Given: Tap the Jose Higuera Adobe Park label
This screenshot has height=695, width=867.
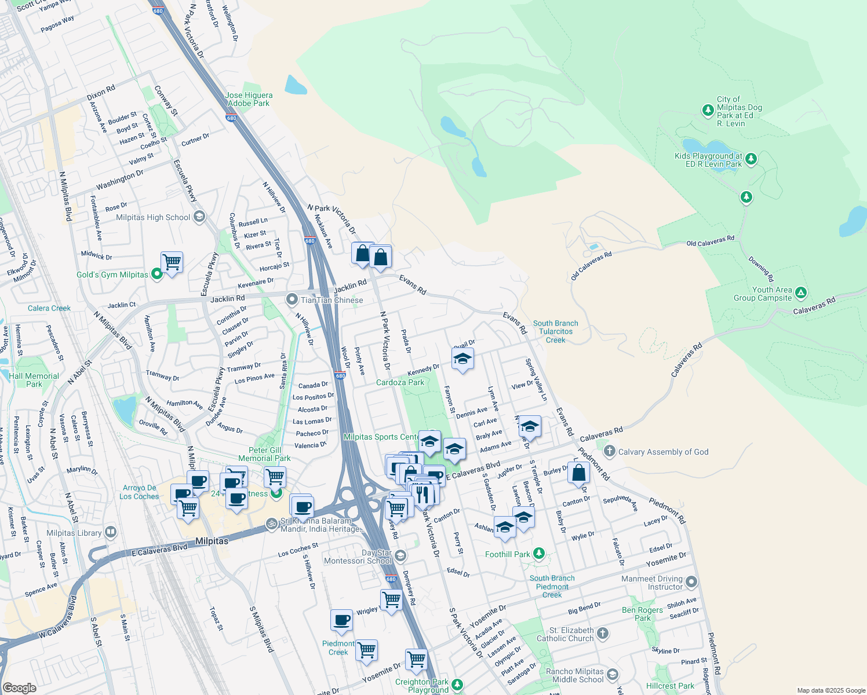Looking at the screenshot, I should [x=249, y=99].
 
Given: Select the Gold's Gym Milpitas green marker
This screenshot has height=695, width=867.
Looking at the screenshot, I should [x=157, y=275].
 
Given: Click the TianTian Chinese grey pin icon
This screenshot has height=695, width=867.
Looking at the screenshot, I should [x=292, y=299].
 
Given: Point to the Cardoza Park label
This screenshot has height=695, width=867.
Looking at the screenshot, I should [x=400, y=382].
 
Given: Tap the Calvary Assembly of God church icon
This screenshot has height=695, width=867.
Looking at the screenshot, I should [x=609, y=451].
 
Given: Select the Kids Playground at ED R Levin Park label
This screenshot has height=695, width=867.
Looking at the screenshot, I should [x=708, y=160].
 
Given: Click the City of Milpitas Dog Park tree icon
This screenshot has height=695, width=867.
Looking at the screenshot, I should [x=708, y=110].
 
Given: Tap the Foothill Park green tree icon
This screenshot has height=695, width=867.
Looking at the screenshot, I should [x=539, y=554].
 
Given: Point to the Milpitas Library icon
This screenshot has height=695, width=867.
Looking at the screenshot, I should [x=111, y=532].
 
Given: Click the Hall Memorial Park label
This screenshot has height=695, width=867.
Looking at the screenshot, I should [x=34, y=380].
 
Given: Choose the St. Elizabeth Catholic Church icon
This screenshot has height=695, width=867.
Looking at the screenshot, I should [x=603, y=633].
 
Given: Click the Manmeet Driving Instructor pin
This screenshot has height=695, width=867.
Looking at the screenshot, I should [x=691, y=581].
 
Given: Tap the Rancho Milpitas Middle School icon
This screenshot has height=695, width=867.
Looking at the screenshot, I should [x=613, y=675].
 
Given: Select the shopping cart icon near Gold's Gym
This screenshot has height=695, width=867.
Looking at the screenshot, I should [x=172, y=262].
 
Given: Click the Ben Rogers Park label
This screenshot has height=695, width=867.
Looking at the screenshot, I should [x=642, y=614].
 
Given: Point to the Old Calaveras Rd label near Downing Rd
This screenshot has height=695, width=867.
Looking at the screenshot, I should [x=710, y=241].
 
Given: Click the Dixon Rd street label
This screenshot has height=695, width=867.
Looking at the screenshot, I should [x=101, y=93].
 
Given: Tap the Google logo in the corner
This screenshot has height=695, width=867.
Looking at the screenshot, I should [x=19, y=687].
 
